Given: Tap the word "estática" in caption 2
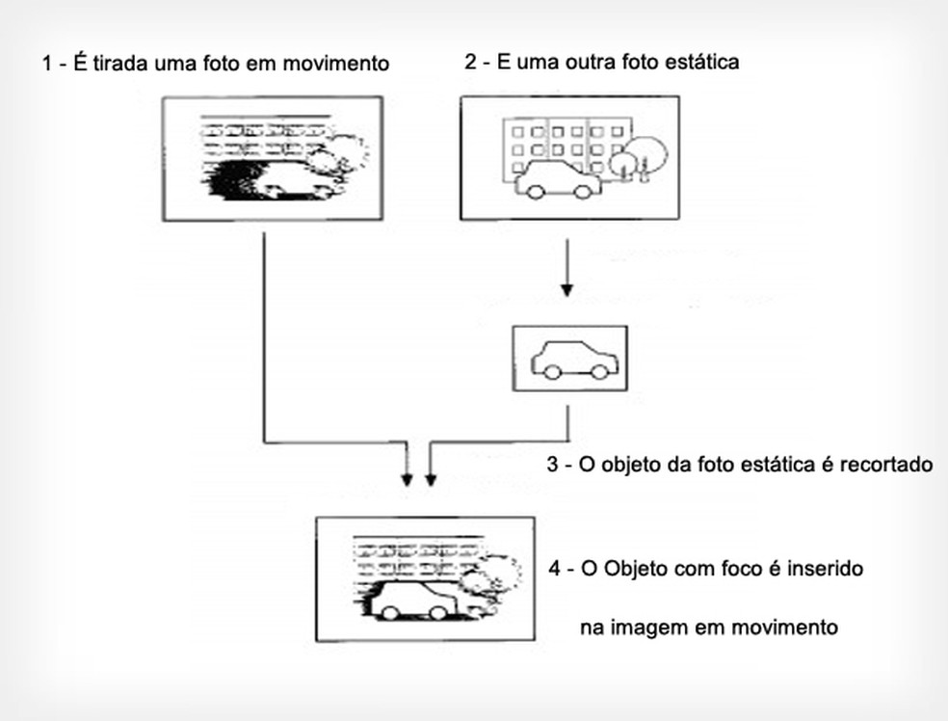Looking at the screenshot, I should [x=705, y=63].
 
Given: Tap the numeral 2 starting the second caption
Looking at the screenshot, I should [x=469, y=63].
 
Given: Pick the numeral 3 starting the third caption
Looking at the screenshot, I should [x=552, y=465].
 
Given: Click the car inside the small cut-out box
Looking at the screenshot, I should [x=574, y=359].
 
